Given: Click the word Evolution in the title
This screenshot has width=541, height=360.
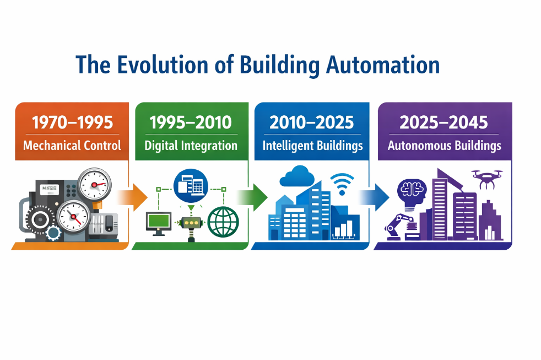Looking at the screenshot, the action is point(163,65).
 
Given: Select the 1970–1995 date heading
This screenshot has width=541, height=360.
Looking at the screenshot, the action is point(73,122).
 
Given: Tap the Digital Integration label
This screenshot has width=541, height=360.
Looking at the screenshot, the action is point(191,146).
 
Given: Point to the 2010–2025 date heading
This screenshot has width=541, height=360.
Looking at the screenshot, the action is point(312,122).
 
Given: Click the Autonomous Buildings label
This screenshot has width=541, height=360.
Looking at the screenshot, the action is point(445,146).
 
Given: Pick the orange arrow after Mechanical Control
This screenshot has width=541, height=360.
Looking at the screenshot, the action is point(132,197).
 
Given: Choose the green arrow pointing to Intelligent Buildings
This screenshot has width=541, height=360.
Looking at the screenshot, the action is point(252,197).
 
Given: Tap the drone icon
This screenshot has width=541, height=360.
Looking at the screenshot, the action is point(487,179).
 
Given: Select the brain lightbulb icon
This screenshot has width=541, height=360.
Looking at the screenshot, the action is point(412,194).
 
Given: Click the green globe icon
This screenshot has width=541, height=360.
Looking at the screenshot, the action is point(223,222).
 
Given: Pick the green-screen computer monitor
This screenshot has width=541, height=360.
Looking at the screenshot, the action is point(158,223).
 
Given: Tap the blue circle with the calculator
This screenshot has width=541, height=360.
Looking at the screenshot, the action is point(191,186).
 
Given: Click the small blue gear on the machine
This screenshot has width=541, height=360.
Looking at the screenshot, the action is point(53,233).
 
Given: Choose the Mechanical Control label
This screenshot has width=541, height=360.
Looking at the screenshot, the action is point(72,146).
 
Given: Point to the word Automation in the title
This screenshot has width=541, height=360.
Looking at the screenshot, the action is point(383,65).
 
